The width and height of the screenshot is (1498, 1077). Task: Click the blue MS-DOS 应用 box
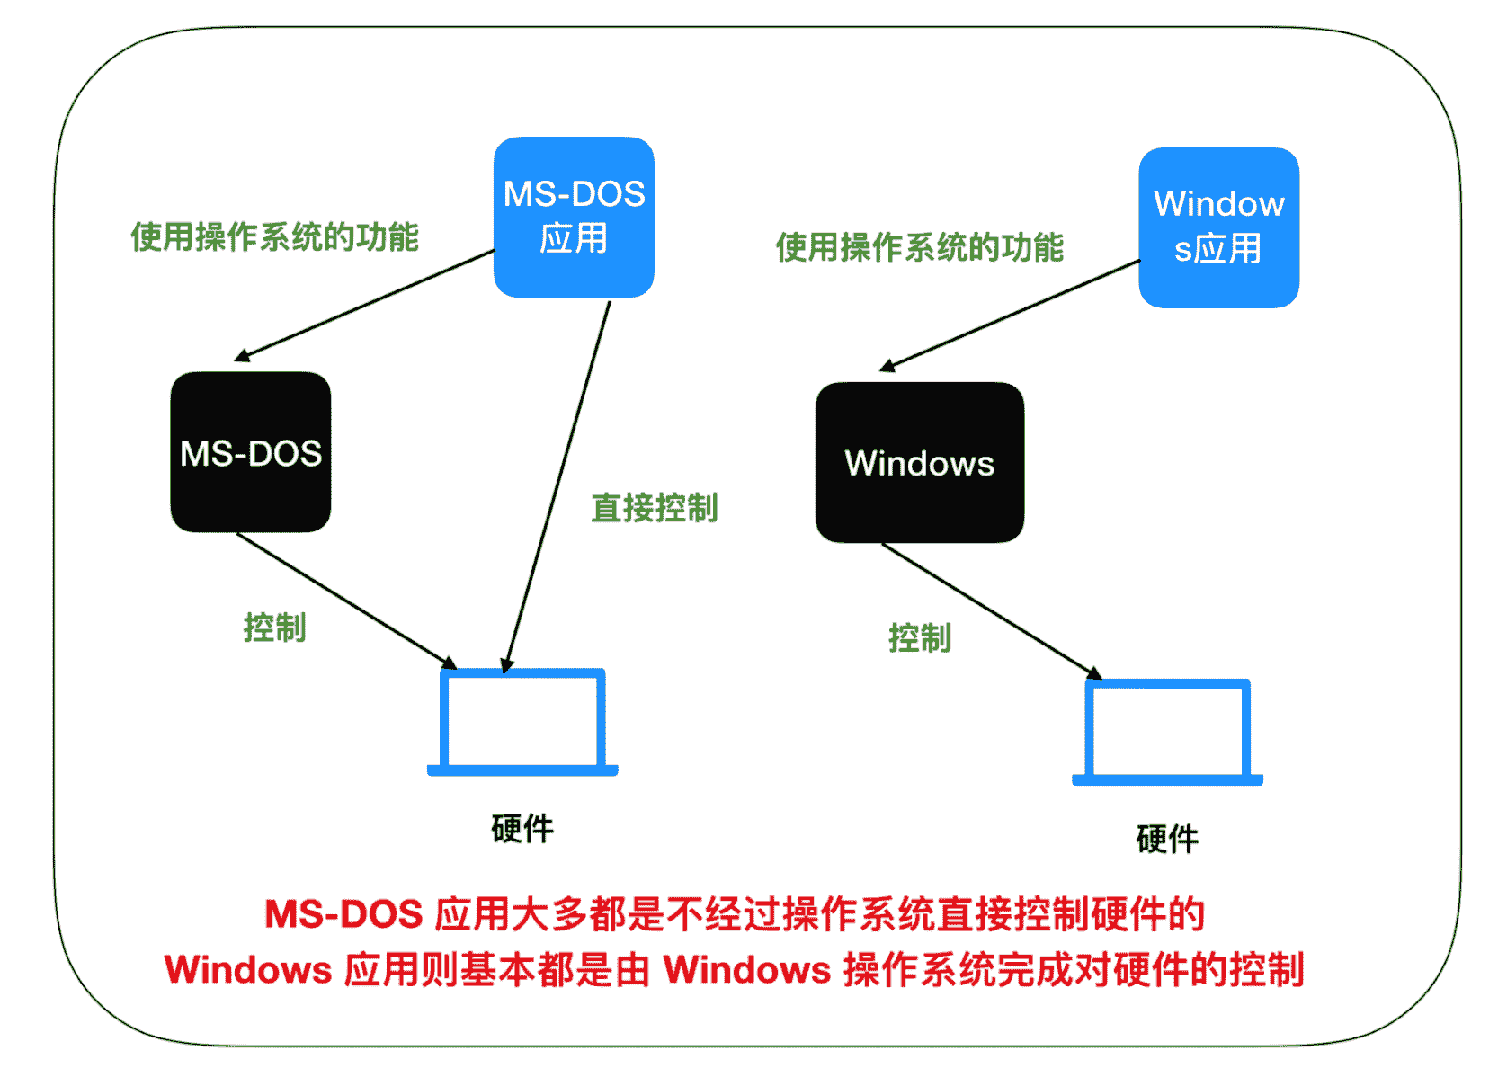pos(574,218)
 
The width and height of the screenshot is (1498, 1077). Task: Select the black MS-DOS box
pos(251,452)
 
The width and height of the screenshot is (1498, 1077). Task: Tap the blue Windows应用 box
pos(1218,227)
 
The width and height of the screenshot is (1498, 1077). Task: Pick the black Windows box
pos(919,463)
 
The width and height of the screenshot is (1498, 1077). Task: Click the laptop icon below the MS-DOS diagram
pos(522,722)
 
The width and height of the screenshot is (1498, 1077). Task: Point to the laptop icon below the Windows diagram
pos(1167,732)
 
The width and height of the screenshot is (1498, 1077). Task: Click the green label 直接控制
pos(654,508)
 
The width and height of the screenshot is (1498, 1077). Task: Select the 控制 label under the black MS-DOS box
pos(274,628)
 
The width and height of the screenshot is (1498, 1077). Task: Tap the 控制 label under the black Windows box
pos(919,637)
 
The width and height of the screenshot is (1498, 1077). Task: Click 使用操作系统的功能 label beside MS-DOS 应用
pos(274,237)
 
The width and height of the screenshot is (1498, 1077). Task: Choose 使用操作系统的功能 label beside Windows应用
pos(919,247)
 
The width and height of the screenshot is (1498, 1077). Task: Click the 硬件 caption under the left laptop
pos(522,828)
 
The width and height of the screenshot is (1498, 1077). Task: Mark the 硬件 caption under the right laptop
pos(1167,839)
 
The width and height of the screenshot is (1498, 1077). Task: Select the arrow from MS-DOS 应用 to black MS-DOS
pos(364,306)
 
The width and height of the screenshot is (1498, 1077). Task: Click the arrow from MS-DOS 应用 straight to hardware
pos(558,485)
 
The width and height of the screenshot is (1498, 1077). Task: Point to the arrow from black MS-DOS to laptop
pos(346,601)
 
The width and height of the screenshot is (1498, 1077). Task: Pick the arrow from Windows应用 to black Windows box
pos(1009,316)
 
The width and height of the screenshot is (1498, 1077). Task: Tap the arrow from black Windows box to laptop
pos(991,611)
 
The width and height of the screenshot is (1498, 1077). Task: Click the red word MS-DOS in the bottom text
pos(343,914)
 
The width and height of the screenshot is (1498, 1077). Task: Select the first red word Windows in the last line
pos(248,970)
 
